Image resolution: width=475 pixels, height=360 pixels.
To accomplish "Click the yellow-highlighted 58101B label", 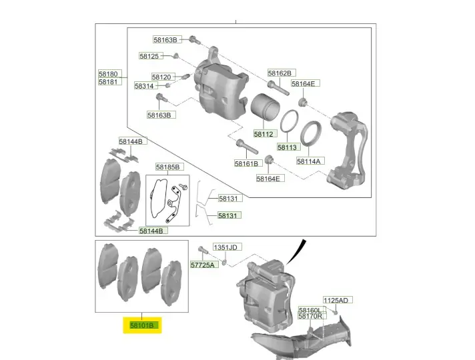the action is point(142,325).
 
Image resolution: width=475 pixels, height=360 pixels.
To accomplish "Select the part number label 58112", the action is point(264,134).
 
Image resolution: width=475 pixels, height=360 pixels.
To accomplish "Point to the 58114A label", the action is point(309,161).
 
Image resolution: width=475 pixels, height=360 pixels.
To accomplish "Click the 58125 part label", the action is point(149,56).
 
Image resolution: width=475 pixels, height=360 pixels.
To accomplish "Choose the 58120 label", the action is point(161,77).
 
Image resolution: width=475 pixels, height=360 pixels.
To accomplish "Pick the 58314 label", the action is point(144,86).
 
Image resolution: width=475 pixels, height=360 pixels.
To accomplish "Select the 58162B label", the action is point(280,73).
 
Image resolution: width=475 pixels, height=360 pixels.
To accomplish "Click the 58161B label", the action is point(246,163).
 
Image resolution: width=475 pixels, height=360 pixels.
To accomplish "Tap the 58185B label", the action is point(167,167).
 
